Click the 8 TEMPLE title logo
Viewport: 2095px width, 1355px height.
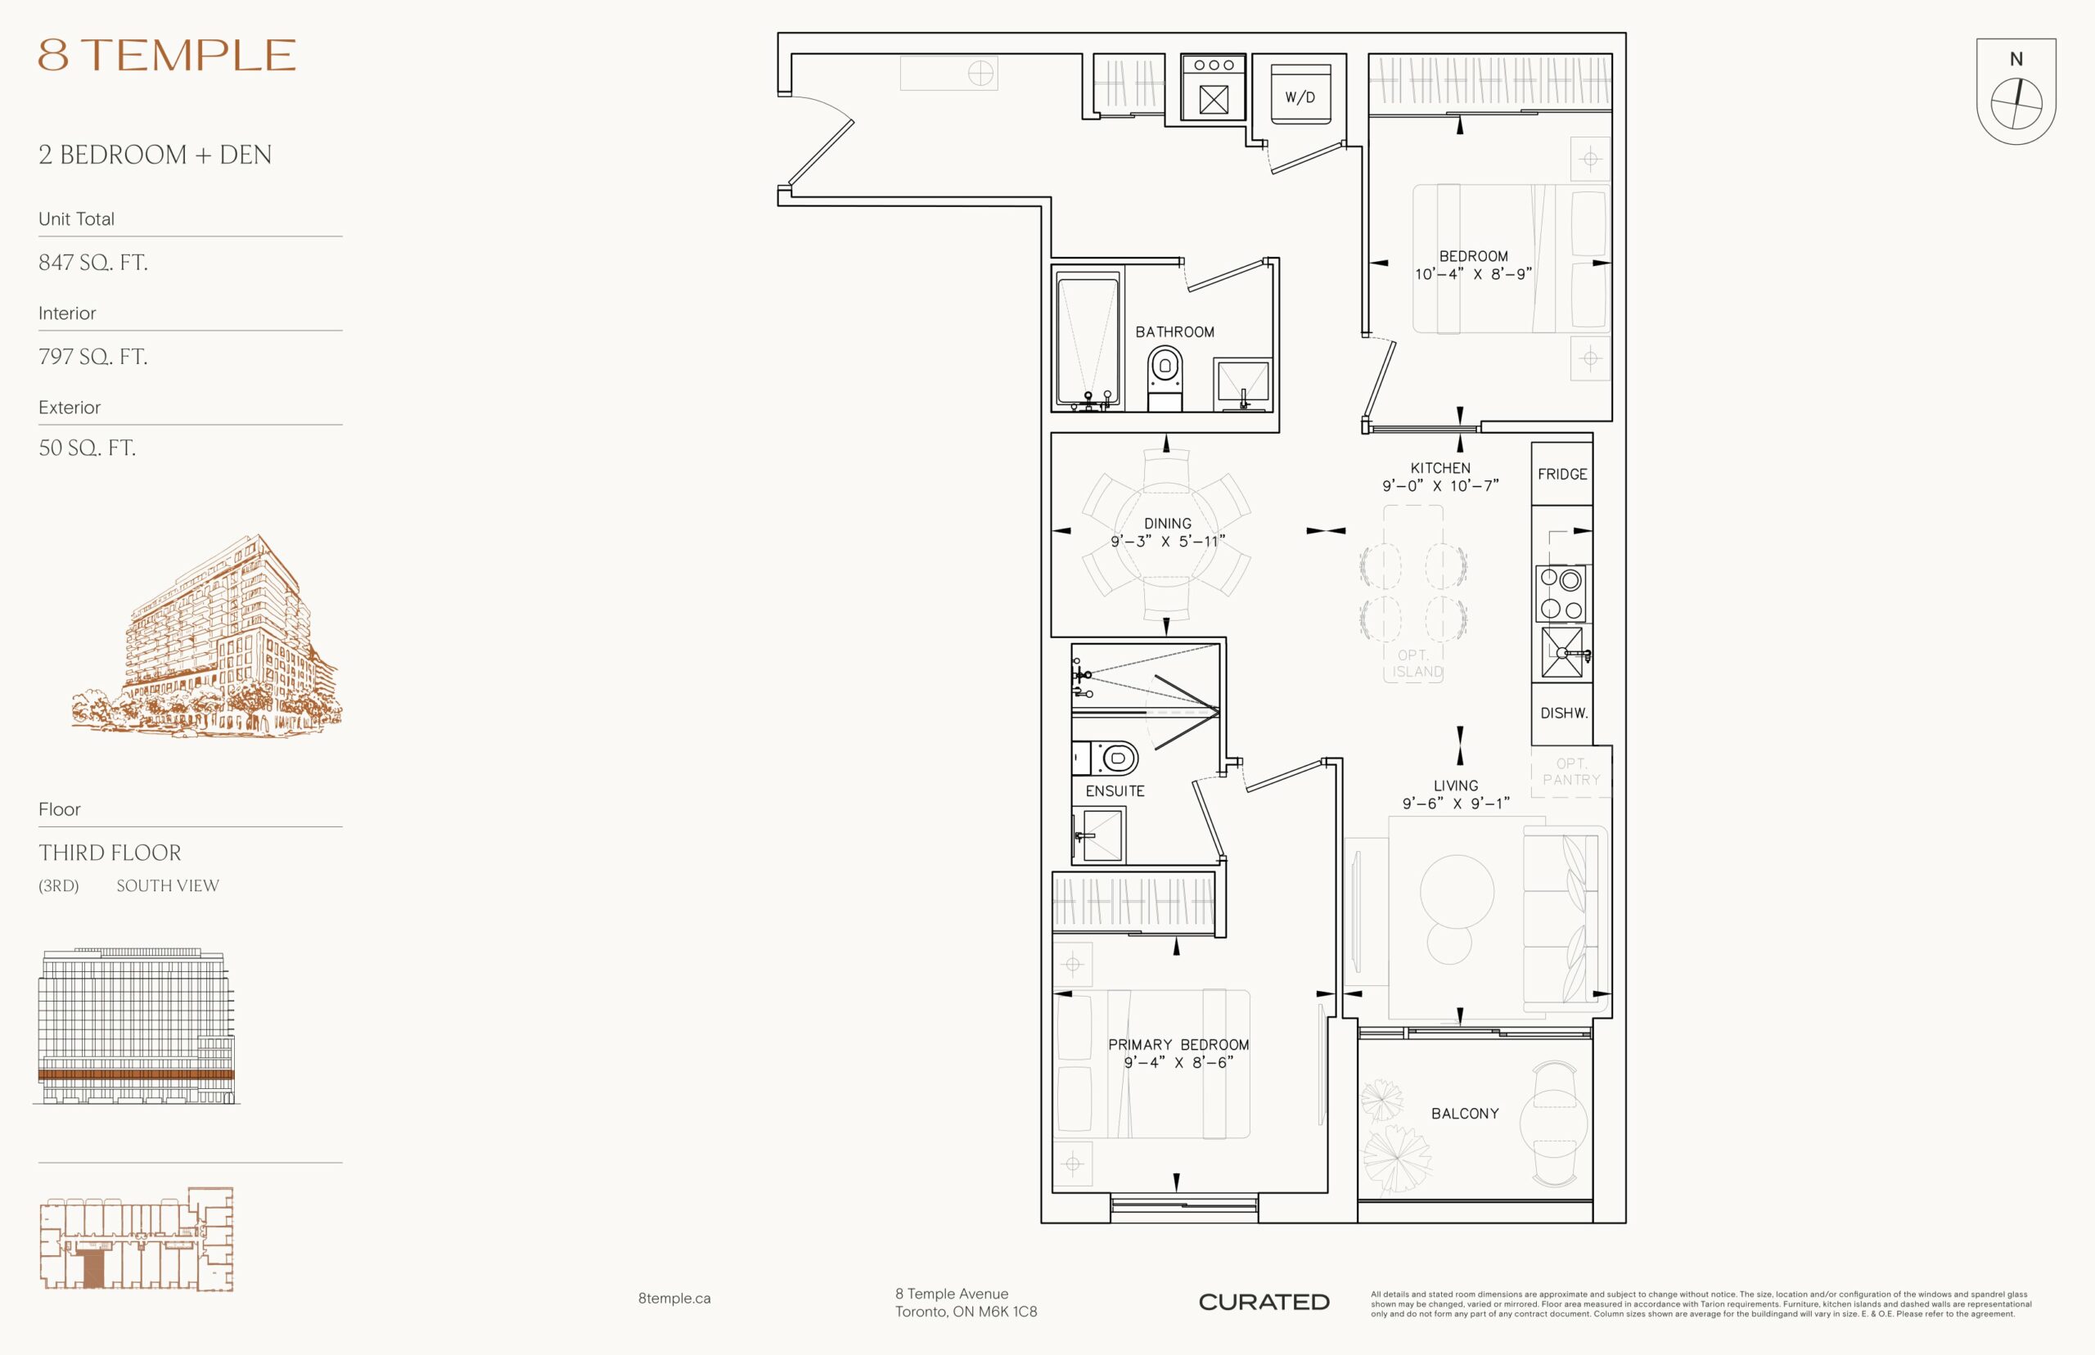click(166, 55)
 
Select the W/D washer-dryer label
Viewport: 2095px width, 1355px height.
click(1300, 97)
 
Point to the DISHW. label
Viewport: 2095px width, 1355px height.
click(1564, 714)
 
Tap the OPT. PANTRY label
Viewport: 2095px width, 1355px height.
click(1570, 772)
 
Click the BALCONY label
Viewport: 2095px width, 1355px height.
click(1465, 1114)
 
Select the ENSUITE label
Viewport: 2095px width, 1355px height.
click(1115, 791)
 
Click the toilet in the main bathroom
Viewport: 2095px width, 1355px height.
click(1165, 377)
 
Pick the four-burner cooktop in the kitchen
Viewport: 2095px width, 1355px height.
click(1561, 594)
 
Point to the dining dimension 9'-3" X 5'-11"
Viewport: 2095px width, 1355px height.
click(1168, 542)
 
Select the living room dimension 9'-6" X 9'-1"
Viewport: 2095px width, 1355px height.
click(1455, 804)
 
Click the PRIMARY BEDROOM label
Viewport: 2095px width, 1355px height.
click(1178, 1045)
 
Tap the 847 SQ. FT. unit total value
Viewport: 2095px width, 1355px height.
click(92, 262)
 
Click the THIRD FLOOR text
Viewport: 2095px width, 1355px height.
click(110, 853)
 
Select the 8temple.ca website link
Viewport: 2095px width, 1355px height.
click(674, 1298)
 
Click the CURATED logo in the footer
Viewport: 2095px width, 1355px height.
click(1264, 1302)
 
